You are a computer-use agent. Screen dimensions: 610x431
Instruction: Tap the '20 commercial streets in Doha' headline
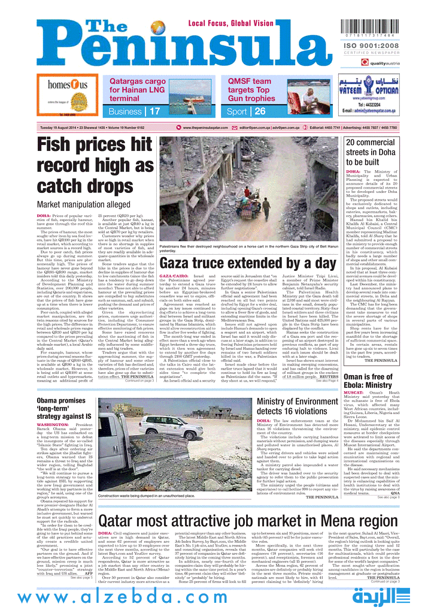click(x=371, y=152)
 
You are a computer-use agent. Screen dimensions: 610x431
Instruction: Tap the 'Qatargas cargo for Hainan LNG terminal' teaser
click(x=138, y=89)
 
